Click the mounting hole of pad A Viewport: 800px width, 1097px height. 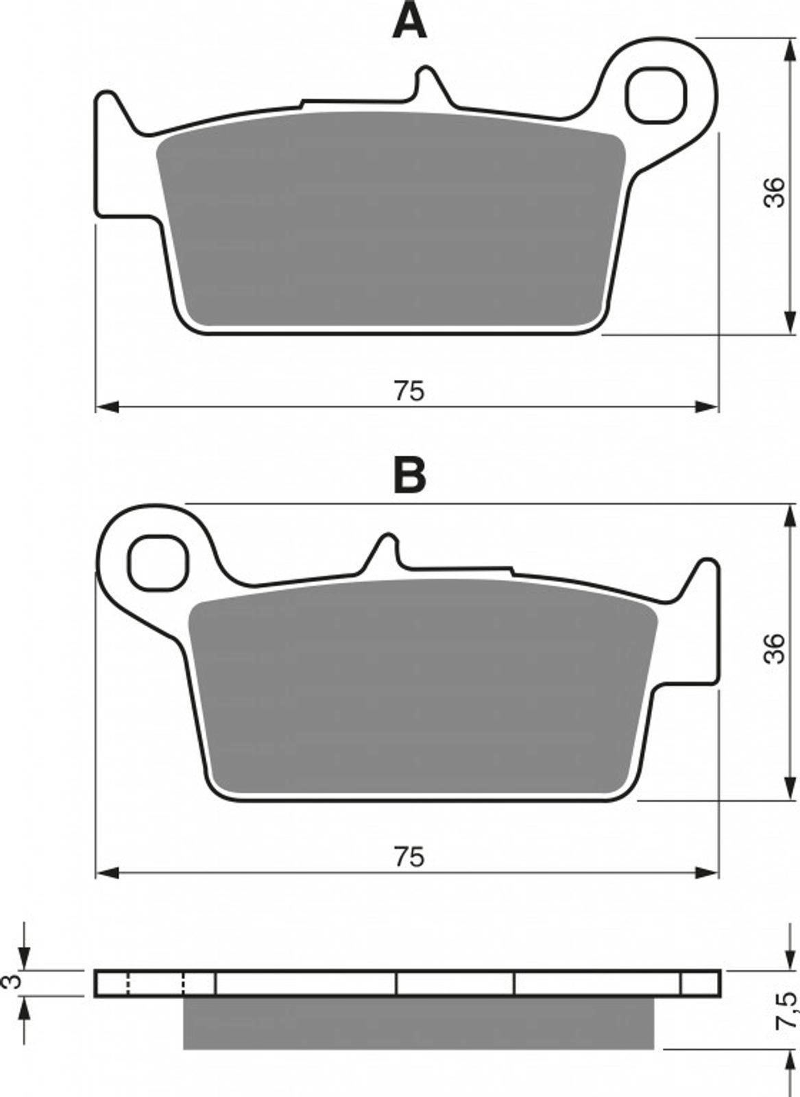point(655,95)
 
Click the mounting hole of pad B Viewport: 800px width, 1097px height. point(158,563)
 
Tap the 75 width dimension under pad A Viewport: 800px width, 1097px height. point(410,391)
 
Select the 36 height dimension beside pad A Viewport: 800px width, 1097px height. point(775,193)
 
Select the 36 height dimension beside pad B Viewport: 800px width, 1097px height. point(775,648)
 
